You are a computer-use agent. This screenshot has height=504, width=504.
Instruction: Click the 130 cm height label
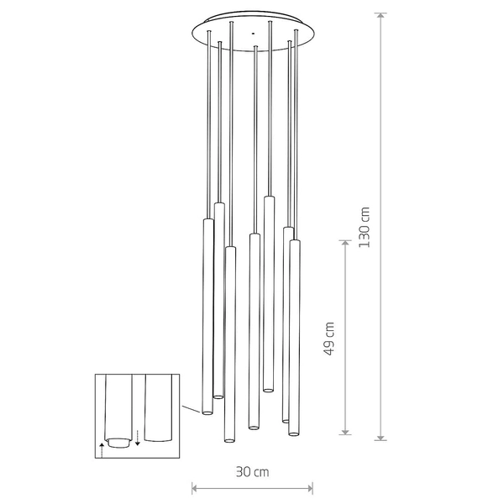pyautogui.click(x=364, y=227)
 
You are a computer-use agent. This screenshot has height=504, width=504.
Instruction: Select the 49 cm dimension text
pyautogui.click(x=330, y=338)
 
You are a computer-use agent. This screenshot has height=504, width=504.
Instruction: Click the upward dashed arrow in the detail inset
pyautogui.click(x=102, y=446)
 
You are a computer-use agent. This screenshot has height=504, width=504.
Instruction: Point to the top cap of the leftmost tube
pyautogui.click(x=207, y=220)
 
